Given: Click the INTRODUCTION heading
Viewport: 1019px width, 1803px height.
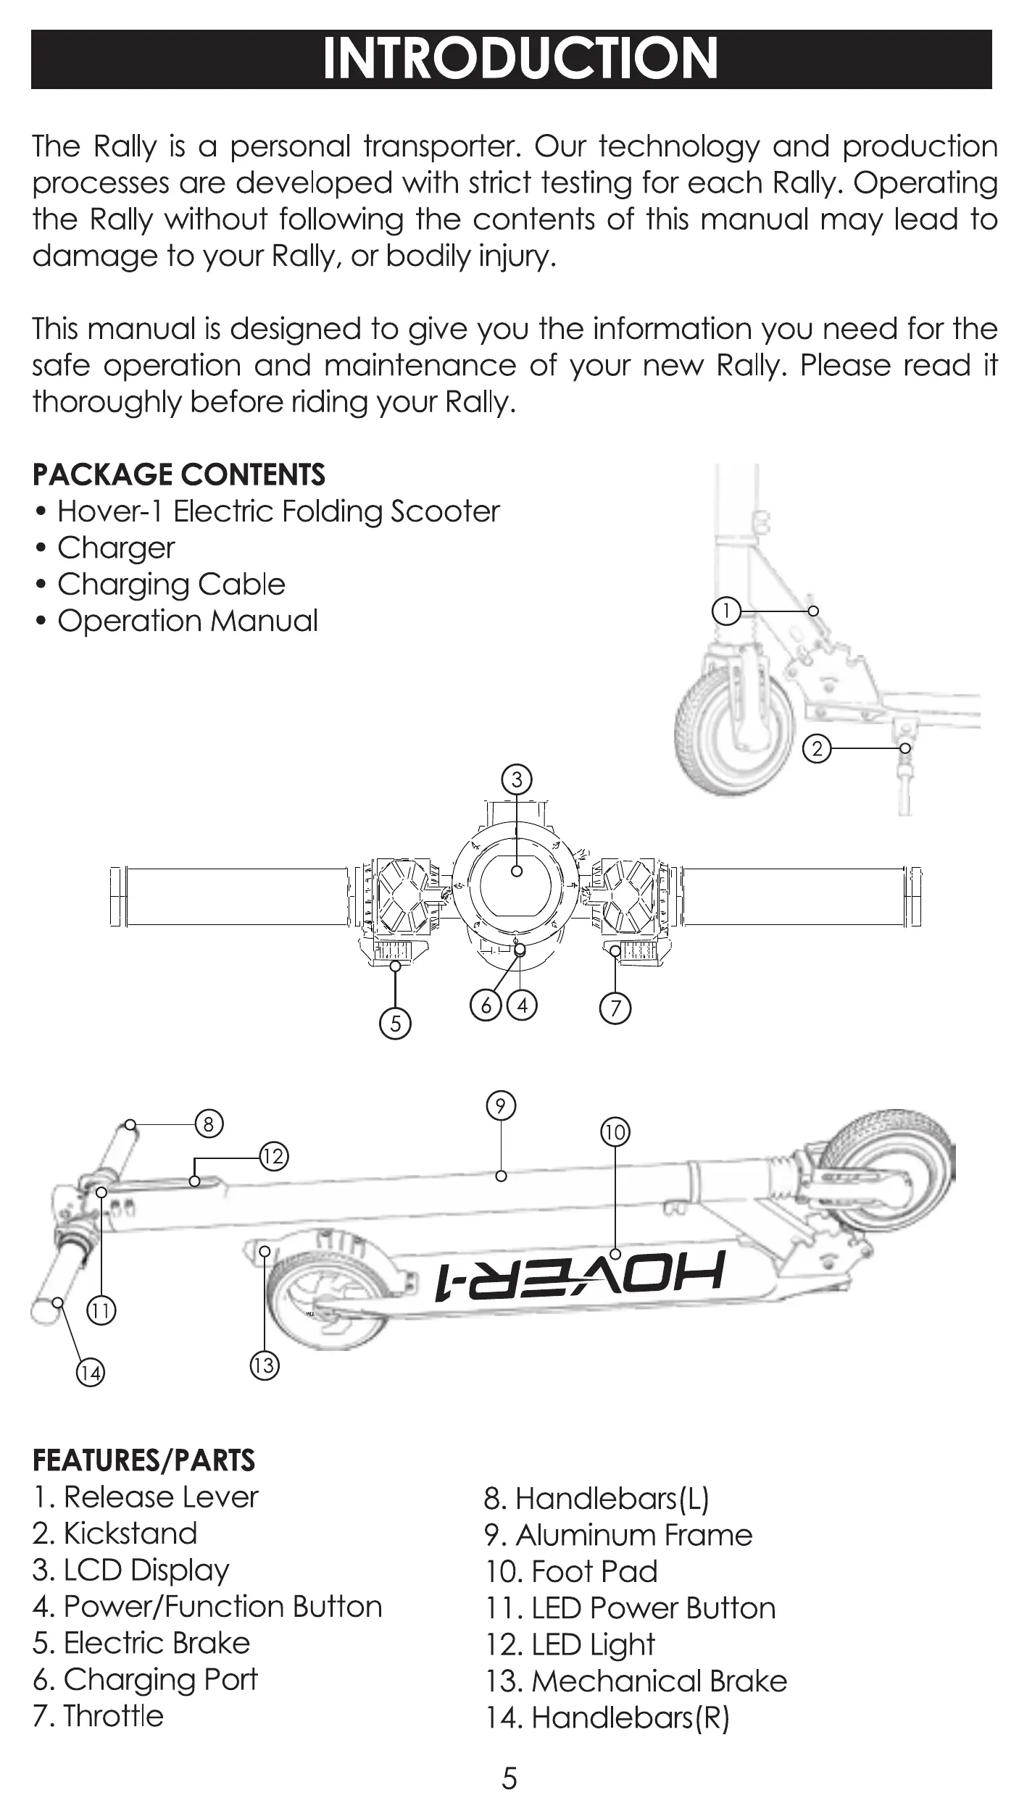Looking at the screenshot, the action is click(x=519, y=59).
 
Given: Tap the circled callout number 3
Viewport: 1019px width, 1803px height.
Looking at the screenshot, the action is click(x=517, y=779).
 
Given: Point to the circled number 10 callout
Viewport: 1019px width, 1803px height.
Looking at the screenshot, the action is click(x=615, y=1131).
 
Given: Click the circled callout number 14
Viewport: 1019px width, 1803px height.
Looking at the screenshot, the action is click(x=91, y=1372).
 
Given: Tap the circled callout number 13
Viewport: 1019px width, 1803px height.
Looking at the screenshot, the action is click(x=264, y=1365).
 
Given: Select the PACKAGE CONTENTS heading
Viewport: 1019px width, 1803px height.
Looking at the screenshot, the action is click(x=179, y=475).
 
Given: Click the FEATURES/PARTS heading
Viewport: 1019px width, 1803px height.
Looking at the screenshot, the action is click(x=144, y=1460).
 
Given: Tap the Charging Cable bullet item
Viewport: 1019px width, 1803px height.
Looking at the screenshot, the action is click(x=171, y=585).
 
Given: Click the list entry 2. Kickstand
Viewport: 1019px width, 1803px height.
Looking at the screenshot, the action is click(x=115, y=1534).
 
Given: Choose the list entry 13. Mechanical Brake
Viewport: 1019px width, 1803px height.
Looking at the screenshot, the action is click(x=636, y=1681).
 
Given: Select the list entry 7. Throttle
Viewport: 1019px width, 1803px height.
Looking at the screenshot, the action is click(x=98, y=1715).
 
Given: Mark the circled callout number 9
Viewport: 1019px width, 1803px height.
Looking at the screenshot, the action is click(x=501, y=1106).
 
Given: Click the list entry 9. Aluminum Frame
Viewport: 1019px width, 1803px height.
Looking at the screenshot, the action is click(x=618, y=1535).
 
